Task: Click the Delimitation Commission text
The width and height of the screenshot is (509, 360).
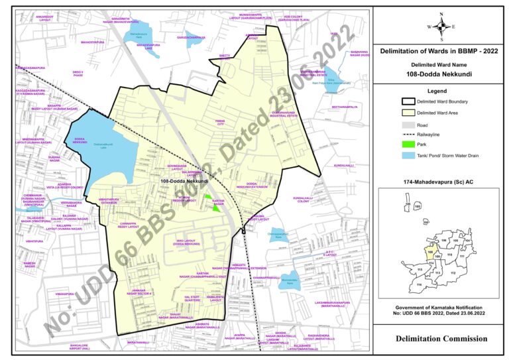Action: click(441, 339)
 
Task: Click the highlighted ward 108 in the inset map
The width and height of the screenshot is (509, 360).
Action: click(431, 253)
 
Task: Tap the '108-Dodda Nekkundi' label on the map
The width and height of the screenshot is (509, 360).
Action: click(184, 180)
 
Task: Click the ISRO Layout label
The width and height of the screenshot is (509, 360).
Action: click(187, 243)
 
